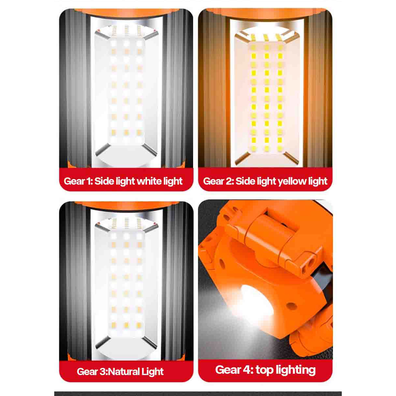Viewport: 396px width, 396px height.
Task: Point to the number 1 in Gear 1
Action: [90, 181]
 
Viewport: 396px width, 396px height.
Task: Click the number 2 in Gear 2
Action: [230, 181]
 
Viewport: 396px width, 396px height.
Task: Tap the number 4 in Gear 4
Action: [248, 370]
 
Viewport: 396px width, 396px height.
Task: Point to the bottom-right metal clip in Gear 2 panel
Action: [291, 158]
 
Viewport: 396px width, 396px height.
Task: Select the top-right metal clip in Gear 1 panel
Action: [151, 35]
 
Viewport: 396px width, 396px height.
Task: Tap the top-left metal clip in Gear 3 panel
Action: [102, 227]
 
